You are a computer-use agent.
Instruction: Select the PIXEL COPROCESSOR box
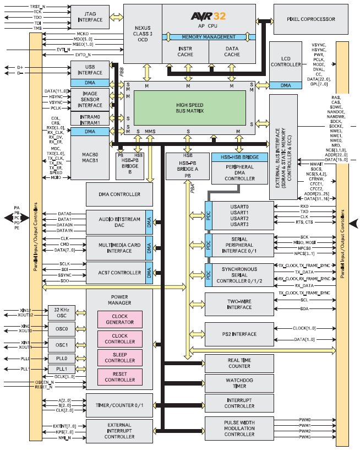(x=312, y=19)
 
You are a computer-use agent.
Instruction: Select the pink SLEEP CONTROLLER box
(x=119, y=357)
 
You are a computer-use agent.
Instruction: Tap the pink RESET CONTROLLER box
(x=119, y=377)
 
